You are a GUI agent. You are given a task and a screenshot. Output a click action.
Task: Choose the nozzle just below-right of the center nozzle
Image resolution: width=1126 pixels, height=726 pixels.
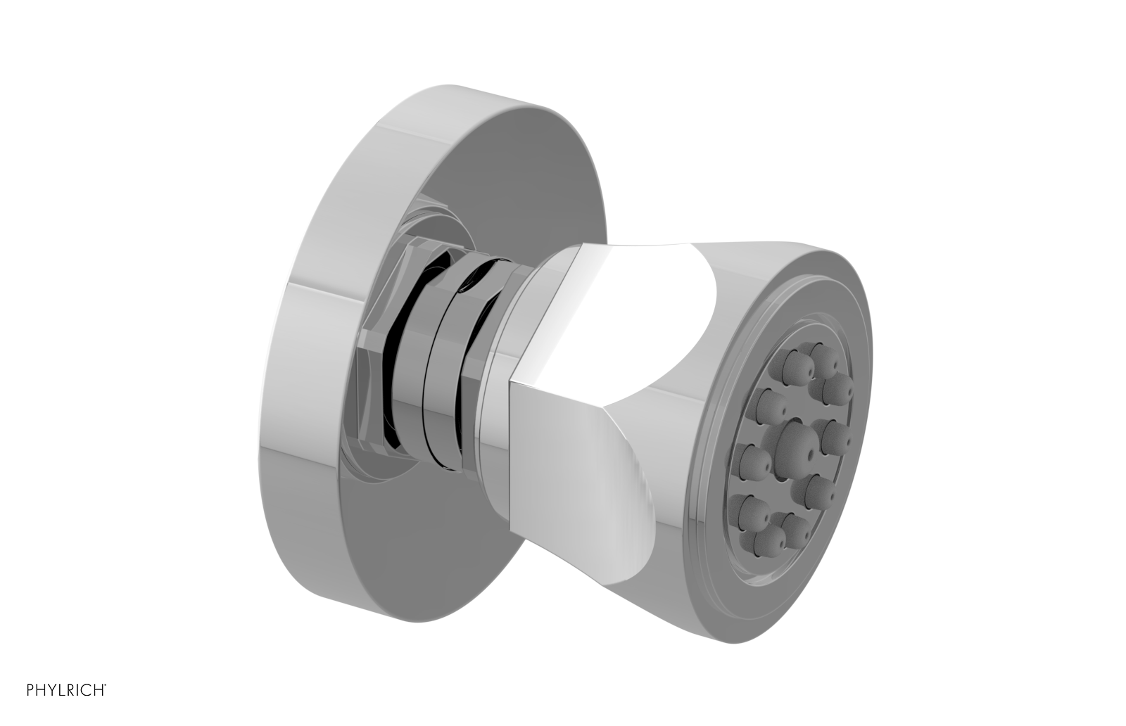pos(816,489)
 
